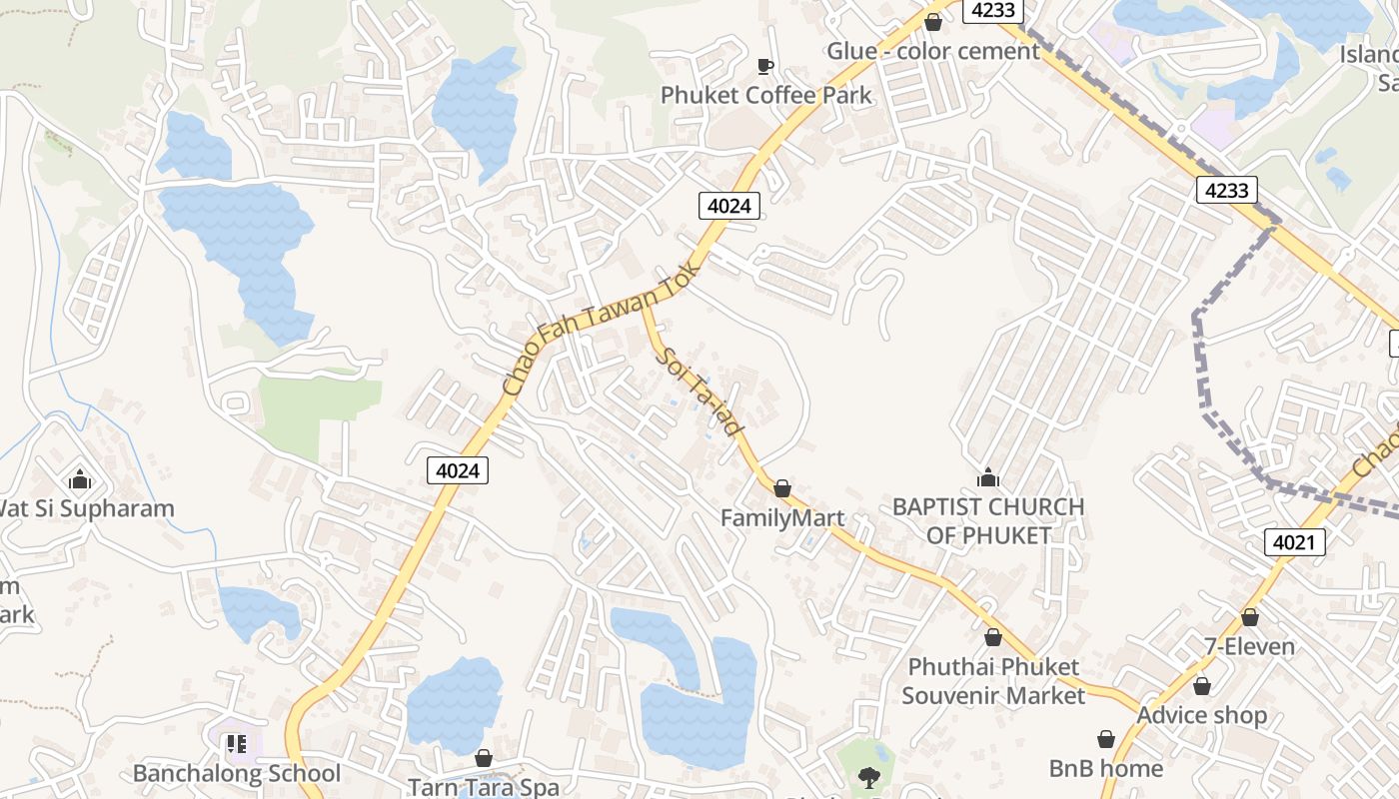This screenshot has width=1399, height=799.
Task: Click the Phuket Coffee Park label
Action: click(x=765, y=96)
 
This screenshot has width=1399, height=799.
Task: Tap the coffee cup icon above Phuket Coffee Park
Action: click(x=765, y=66)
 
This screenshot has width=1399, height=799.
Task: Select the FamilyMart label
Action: click(x=782, y=518)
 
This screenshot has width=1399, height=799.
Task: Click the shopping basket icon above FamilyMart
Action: click(x=782, y=488)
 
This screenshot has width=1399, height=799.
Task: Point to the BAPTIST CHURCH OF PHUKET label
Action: click(x=988, y=520)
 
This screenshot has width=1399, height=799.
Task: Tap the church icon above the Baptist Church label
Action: click(x=988, y=478)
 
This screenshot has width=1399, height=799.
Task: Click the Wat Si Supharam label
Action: click(x=85, y=508)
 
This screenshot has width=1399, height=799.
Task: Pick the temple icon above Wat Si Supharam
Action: click(x=81, y=480)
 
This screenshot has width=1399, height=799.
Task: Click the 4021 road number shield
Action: click(x=1294, y=542)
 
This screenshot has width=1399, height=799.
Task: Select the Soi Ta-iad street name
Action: click(x=701, y=391)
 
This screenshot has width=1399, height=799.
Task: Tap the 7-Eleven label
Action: click(x=1249, y=646)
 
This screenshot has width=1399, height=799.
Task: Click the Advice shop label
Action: click(x=1201, y=715)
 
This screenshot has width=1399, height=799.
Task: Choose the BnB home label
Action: click(x=1105, y=768)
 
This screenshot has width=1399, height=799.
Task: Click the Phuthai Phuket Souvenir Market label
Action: click(x=993, y=680)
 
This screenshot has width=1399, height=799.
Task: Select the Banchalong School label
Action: click(x=237, y=773)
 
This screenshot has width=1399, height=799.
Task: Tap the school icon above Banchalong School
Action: click(x=237, y=744)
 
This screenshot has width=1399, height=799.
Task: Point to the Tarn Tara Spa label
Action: click(x=484, y=787)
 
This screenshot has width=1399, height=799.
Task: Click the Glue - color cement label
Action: click(x=933, y=51)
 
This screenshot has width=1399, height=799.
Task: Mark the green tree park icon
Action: click(x=868, y=777)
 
